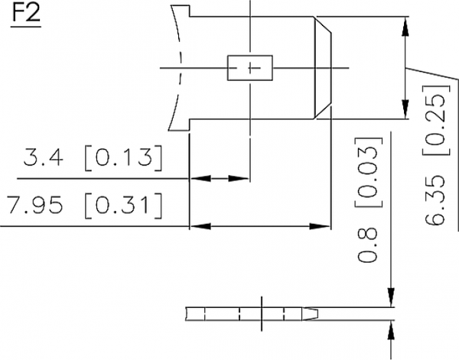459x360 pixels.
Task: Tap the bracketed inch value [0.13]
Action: tap(122, 160)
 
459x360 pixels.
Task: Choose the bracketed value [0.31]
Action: tap(122, 206)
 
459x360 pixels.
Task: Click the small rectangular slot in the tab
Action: tap(249, 67)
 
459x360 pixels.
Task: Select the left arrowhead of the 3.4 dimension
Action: tap(196, 179)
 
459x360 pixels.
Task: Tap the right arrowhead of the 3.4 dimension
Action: tap(243, 179)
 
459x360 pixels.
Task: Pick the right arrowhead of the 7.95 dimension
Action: tap(323, 226)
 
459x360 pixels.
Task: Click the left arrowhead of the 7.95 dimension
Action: tap(196, 226)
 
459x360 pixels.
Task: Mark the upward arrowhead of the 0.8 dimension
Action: tap(392, 327)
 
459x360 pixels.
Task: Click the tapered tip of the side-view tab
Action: tap(315, 314)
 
